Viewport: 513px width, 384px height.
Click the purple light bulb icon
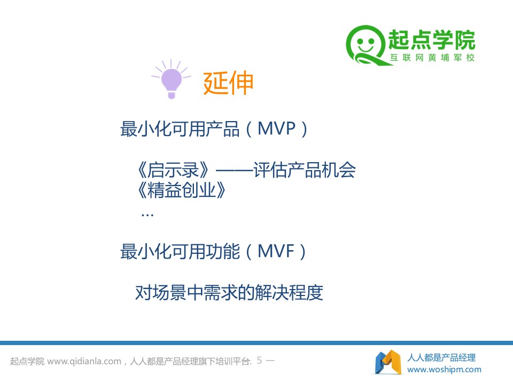point(171,79)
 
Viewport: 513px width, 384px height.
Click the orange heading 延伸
point(228,83)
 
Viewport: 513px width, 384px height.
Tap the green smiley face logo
point(366,45)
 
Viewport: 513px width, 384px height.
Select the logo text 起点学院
point(432,40)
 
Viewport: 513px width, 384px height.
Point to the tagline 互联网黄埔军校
point(432,58)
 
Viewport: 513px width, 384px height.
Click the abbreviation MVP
point(276,129)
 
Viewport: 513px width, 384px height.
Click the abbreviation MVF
point(276,251)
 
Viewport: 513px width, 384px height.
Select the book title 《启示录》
point(173,170)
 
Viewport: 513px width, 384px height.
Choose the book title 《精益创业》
point(182,190)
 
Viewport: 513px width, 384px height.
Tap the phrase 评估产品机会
point(305,170)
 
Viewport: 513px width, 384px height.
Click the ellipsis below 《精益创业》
point(147,215)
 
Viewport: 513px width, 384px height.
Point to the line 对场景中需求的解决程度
point(229,292)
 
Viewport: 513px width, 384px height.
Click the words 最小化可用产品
point(180,129)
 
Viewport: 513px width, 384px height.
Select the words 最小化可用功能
point(180,251)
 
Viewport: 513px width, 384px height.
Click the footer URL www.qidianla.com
point(84,361)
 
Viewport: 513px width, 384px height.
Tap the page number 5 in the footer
point(260,360)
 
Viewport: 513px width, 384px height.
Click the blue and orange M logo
point(388,362)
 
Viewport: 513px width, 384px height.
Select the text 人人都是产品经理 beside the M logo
point(441,357)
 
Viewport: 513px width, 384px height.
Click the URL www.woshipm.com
point(444,370)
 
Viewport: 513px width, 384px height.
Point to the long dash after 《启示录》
point(235,170)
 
